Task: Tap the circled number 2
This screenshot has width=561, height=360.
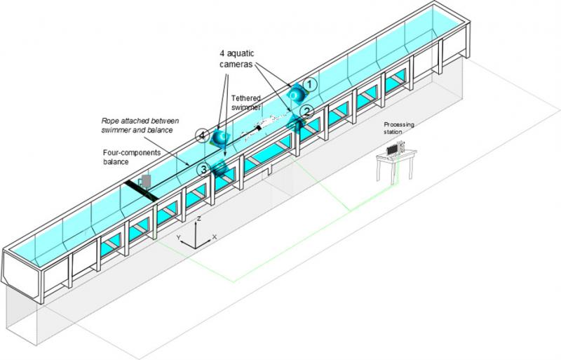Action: (x=306, y=111)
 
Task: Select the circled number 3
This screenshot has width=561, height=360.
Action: (x=202, y=169)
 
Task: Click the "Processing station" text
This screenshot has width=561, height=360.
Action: (x=398, y=128)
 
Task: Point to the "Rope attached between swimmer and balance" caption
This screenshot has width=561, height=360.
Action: (x=137, y=124)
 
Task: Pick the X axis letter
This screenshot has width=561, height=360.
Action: (x=214, y=238)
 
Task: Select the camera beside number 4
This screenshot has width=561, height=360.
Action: (x=220, y=136)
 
